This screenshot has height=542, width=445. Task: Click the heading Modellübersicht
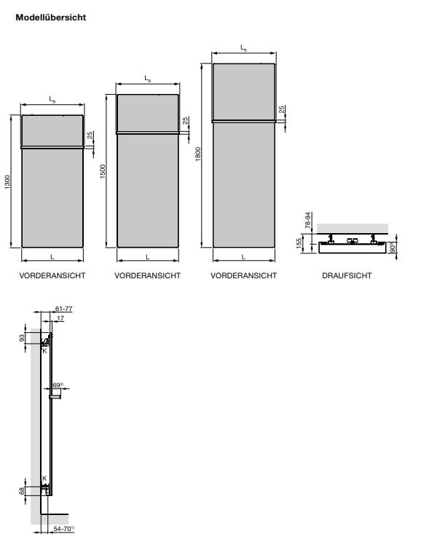pyautogui.click(x=51, y=17)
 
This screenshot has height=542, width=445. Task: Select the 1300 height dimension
pyautogui.click(x=7, y=182)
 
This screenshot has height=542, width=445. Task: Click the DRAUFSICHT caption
pyautogui.click(x=347, y=275)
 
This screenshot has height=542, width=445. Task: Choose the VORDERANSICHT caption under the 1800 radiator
pyautogui.click(x=243, y=275)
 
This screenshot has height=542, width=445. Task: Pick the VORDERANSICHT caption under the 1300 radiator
pyautogui.click(x=52, y=275)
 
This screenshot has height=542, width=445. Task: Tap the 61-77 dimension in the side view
pyautogui.click(x=64, y=309)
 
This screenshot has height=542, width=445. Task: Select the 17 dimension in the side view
pyautogui.click(x=60, y=318)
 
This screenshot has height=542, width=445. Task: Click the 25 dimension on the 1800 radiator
pyautogui.click(x=282, y=110)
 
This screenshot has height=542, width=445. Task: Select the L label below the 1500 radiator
pyautogui.click(x=148, y=256)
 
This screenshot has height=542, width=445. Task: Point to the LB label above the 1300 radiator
pyautogui.click(x=52, y=98)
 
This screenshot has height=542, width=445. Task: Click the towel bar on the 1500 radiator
pyautogui.click(x=148, y=133)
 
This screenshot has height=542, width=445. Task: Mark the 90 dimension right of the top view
pyautogui.click(x=394, y=248)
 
